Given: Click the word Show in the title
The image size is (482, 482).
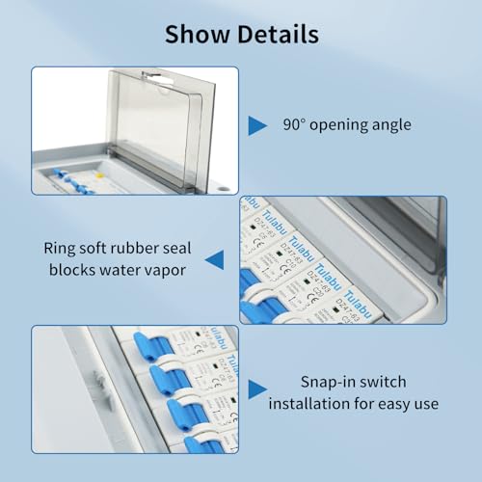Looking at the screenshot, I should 198,36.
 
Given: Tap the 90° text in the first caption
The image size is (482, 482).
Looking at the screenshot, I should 293,124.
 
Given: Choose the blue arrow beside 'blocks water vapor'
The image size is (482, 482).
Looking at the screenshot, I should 215,256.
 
